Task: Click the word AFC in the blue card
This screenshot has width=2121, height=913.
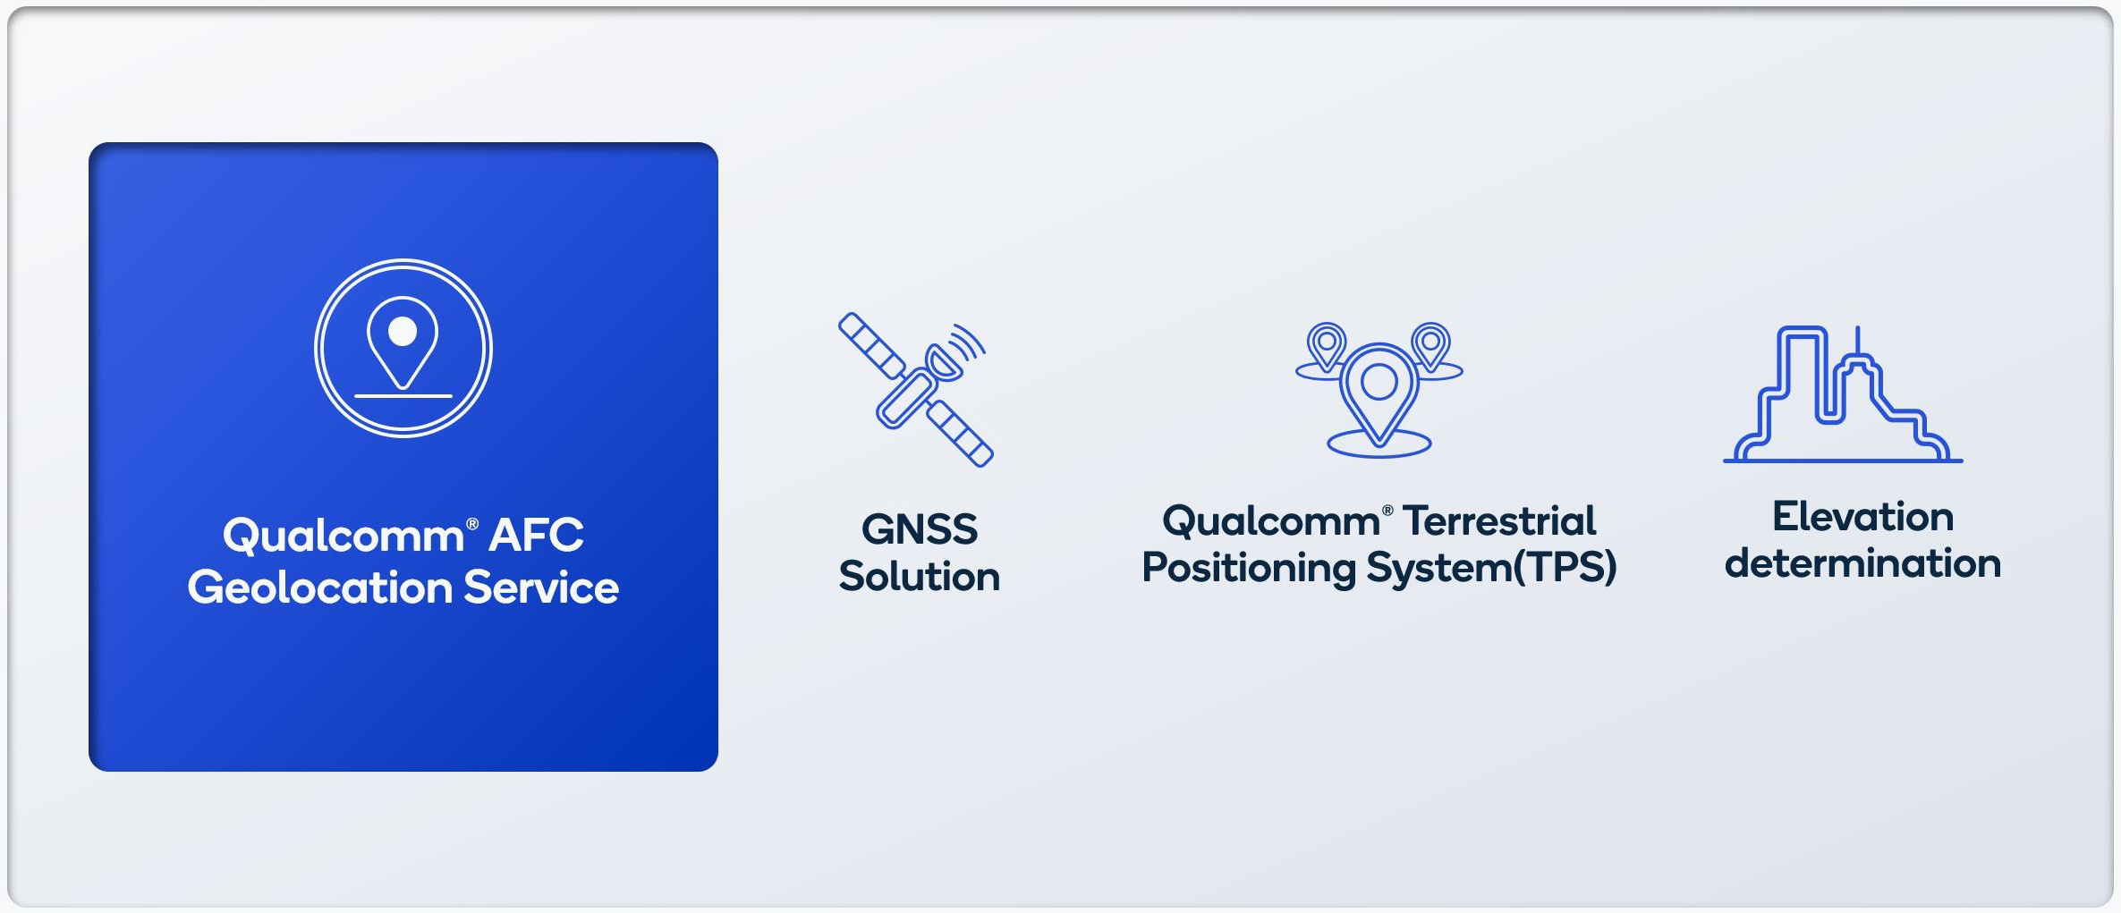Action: point(536,536)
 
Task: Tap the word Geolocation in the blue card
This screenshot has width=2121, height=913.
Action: point(319,588)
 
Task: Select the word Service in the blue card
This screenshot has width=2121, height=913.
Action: point(540,588)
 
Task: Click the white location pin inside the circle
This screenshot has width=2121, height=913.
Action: point(403,341)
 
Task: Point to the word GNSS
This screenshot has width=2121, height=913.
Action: point(919,529)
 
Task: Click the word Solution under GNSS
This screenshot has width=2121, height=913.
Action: point(919,576)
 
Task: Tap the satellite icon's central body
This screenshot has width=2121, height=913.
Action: point(906,399)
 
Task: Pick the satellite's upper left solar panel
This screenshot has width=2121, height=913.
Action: point(870,344)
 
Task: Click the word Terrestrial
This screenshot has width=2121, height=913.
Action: point(1499,521)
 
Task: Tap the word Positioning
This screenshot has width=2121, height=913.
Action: point(1249,568)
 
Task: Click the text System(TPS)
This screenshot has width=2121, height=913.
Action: point(1491,568)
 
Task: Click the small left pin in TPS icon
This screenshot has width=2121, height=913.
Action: point(1326,344)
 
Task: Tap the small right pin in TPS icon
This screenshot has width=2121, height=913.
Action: point(1430,344)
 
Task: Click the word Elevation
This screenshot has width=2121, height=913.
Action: point(1862,517)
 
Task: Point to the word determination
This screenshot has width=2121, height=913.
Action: point(1862,563)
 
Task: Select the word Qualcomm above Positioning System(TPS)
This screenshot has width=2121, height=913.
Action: point(1271,521)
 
